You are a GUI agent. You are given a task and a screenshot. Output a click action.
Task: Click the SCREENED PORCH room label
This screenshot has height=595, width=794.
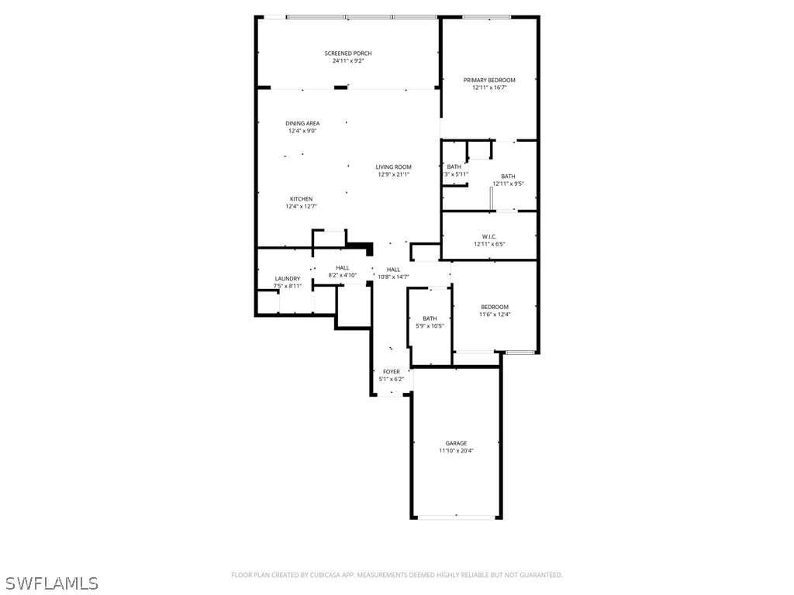[347, 53]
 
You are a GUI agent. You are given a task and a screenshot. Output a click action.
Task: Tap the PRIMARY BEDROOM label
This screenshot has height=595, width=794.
[489, 80]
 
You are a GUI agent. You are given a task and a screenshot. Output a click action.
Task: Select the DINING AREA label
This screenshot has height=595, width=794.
[302, 123]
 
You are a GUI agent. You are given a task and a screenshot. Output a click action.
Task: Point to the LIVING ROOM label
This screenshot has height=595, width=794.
[394, 167]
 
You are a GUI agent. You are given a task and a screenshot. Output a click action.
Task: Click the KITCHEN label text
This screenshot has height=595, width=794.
[302, 199]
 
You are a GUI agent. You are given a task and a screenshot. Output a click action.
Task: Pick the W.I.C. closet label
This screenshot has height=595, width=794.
[489, 236]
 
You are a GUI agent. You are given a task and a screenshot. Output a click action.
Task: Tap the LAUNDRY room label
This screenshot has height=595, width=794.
[287, 279]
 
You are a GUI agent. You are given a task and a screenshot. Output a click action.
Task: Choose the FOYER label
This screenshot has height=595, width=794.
[392, 372]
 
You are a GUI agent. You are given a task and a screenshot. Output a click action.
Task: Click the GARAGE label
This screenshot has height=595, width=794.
[456, 443]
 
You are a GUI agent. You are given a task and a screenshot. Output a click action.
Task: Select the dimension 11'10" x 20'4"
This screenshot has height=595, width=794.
[456, 451]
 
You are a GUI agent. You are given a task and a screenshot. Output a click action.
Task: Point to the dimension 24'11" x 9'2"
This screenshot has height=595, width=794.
[347, 60]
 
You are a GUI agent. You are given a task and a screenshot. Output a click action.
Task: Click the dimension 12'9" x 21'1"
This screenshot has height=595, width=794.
[394, 174]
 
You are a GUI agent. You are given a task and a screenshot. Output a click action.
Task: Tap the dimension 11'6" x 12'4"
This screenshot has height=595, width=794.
[495, 315]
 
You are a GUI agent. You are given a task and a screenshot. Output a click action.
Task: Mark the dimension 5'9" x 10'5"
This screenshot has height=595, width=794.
[430, 326]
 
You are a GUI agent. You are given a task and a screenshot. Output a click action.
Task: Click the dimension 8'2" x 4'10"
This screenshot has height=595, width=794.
[342, 275]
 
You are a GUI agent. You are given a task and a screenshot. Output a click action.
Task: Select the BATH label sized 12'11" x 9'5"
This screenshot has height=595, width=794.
[508, 177]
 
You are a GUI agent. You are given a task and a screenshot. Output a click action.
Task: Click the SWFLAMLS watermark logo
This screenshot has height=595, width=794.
[50, 583]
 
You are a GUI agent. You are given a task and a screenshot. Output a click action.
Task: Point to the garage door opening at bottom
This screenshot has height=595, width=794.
[456, 516]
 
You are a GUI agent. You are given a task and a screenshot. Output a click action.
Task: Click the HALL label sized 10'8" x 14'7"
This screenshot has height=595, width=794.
[393, 269]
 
